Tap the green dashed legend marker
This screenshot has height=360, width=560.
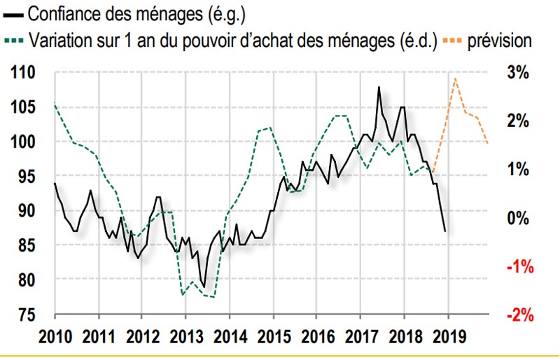click(15, 41)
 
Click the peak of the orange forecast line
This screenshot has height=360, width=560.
click(456, 78)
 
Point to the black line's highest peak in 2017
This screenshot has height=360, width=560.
click(379, 88)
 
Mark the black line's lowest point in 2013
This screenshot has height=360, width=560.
click(204, 286)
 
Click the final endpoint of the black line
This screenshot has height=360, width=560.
click(445, 230)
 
